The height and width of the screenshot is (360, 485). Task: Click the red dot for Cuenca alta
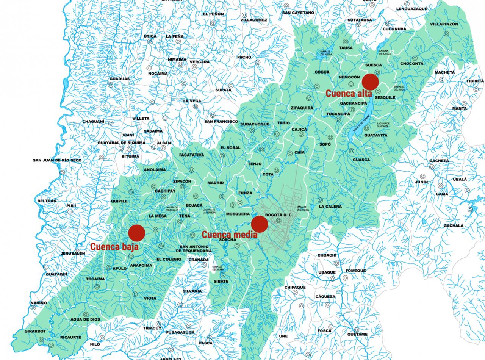[x=370, y=81]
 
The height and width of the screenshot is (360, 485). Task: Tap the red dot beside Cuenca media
[x=260, y=224]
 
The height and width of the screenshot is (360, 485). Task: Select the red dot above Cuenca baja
[x=136, y=233]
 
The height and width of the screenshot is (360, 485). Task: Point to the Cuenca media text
[x=229, y=235]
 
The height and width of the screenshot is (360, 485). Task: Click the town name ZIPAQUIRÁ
[x=302, y=108]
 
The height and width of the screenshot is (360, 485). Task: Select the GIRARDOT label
[x=35, y=331]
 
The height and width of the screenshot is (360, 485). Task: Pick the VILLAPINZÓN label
[x=444, y=24]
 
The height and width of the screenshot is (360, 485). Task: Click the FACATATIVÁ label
[x=192, y=155]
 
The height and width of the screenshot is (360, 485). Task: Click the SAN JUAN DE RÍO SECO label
[x=57, y=160]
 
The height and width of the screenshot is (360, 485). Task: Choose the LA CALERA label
[x=330, y=207]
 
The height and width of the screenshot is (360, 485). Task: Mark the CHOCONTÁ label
[x=412, y=64]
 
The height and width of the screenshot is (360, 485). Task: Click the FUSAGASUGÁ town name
[x=180, y=332]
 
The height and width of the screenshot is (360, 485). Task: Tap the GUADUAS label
[x=119, y=79]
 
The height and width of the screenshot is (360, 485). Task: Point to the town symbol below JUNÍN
[x=422, y=176]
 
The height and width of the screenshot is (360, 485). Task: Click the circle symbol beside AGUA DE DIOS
[x=86, y=314]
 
